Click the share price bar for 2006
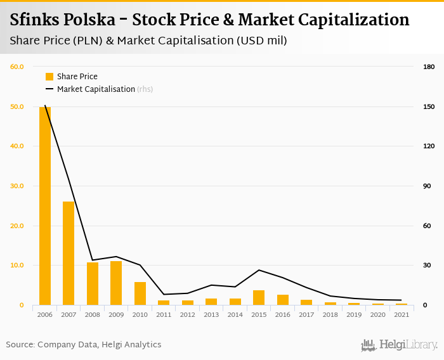click(x=45, y=206)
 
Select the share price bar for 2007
click(x=69, y=254)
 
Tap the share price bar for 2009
click(x=116, y=283)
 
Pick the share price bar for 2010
click(x=140, y=293)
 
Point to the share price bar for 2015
click(x=259, y=298)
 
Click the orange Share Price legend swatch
click(x=49, y=77)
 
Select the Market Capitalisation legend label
click(x=96, y=89)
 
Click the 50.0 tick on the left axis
click(x=16, y=106)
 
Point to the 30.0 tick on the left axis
click(x=16, y=186)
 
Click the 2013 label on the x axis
click(x=211, y=314)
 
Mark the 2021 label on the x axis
click(x=401, y=314)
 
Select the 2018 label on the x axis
click(x=330, y=314)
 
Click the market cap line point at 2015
click(x=259, y=270)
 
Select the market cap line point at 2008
click(x=93, y=260)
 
